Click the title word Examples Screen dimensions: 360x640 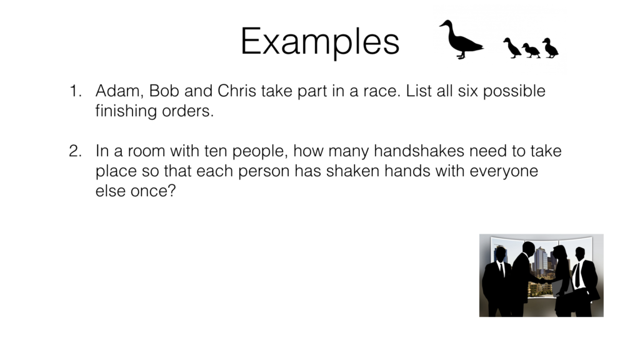[x=319, y=42]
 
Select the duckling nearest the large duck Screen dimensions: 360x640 [x=512, y=47]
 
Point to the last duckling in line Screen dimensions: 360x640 [x=550, y=48]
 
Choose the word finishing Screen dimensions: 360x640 [x=127, y=112]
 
